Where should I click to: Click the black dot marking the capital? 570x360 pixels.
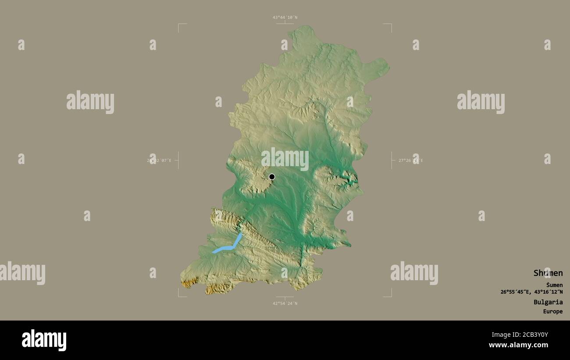[x=272, y=177]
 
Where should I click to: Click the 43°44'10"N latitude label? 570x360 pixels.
[x=285, y=18]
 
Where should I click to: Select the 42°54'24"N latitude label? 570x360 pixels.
[x=285, y=303]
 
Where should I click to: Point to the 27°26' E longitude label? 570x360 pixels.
[x=410, y=160]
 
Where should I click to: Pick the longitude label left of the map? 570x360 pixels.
[x=159, y=160]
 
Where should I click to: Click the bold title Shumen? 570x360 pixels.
[x=548, y=273]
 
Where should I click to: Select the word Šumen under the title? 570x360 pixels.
[x=554, y=285]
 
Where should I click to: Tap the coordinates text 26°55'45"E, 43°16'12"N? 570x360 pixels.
[x=531, y=292]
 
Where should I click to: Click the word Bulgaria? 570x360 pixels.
[x=548, y=302]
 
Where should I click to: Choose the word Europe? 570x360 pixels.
[x=552, y=312]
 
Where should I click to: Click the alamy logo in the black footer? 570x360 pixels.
[x=44, y=340]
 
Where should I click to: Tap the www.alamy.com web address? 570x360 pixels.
[x=519, y=346]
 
